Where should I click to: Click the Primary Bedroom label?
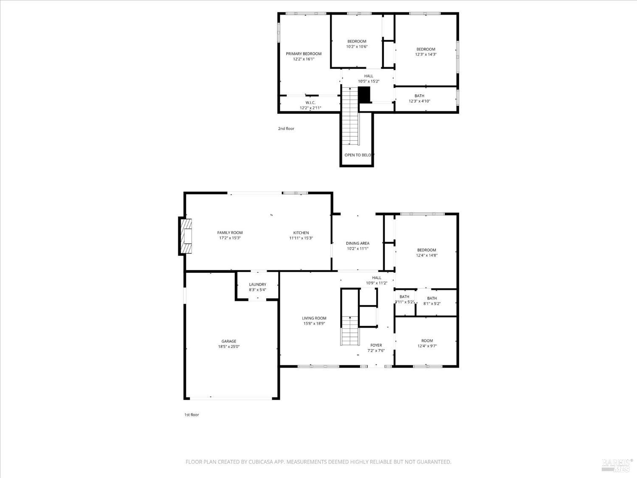[x=303, y=54]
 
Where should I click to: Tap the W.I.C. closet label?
[x=310, y=102]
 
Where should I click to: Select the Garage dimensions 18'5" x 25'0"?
[x=228, y=347]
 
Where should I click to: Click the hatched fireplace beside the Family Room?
[x=186, y=237]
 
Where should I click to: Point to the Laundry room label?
[x=257, y=284]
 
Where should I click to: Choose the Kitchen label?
[x=301, y=232]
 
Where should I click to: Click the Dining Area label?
[x=357, y=243]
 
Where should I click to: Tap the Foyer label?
[x=376, y=345]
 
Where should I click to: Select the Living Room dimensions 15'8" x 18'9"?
[x=314, y=323]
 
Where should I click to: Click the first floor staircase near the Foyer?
[x=350, y=331]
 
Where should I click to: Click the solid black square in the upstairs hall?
[x=364, y=94]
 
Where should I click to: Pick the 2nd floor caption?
[x=286, y=128]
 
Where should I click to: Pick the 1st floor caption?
[x=191, y=415]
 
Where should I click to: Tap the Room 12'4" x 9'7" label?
[x=427, y=341]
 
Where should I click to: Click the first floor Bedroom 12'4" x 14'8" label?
[x=426, y=250]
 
